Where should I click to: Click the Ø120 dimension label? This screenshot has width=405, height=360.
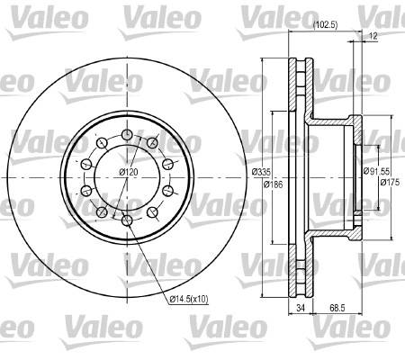[x=129, y=172]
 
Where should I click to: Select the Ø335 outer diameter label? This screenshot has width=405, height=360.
[x=261, y=172]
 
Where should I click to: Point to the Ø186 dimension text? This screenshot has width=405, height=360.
[x=273, y=184]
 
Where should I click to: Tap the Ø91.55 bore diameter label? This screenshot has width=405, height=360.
[x=376, y=171]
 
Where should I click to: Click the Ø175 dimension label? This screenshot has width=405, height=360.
[x=390, y=182]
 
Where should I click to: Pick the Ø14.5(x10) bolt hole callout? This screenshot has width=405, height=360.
[x=189, y=299]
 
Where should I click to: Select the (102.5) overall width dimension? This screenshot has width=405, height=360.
[x=326, y=25]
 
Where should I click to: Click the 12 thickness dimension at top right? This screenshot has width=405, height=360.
[x=373, y=36]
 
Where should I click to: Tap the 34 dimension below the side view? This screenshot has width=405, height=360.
[x=301, y=308]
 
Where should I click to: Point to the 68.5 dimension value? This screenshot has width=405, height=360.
[x=337, y=308]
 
